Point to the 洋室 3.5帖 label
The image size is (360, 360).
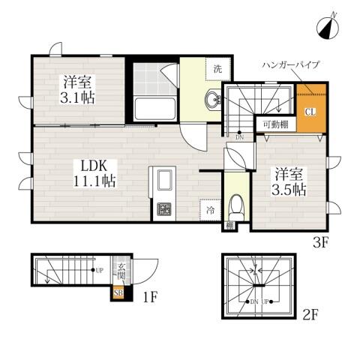coord(287,179)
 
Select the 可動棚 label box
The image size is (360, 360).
coord(273,125)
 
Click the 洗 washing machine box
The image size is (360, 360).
coord(217,69)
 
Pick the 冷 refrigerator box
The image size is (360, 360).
coord(210,211)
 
